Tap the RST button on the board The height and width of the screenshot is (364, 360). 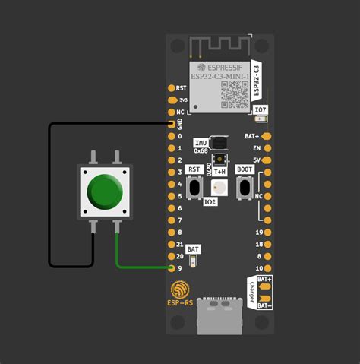(x=194, y=187)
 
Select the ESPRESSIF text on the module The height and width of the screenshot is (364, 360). (x=221, y=65)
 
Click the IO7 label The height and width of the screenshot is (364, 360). (x=261, y=111)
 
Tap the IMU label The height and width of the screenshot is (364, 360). (x=201, y=143)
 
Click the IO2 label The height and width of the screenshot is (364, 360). (x=210, y=202)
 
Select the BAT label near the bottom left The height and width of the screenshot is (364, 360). (x=194, y=248)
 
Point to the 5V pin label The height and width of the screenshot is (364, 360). (x=257, y=160)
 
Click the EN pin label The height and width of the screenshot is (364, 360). (x=257, y=148)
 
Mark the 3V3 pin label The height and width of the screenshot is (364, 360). (x=182, y=100)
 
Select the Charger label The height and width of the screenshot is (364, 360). (x=251, y=293)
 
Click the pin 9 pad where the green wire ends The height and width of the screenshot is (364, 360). (x=171, y=267)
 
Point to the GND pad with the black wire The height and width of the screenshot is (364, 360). (x=171, y=124)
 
